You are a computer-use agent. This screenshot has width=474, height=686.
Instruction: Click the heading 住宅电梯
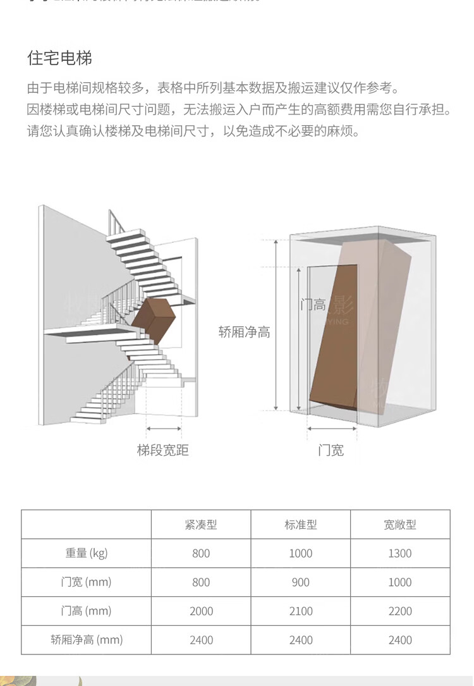pyautogui.click(x=60, y=59)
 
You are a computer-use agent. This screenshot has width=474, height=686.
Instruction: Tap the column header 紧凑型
pyautogui.click(x=201, y=525)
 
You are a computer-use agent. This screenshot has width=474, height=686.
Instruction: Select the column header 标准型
pyautogui.click(x=301, y=525)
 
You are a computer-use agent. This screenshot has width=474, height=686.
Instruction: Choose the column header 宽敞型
pyautogui.click(x=400, y=525)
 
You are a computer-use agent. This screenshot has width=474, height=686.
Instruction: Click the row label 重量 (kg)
pyautogui.click(x=87, y=553)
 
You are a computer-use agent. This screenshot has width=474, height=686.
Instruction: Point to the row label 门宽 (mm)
pyautogui.click(x=87, y=582)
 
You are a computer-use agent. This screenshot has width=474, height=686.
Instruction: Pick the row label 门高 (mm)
pyautogui.click(x=87, y=611)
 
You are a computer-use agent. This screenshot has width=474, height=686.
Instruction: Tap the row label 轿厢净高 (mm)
pyautogui.click(x=87, y=640)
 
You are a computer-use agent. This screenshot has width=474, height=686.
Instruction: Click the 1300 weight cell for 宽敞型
pyautogui.click(x=400, y=553)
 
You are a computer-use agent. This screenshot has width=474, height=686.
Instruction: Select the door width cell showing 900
pyautogui.click(x=301, y=582)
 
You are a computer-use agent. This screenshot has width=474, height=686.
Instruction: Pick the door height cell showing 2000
pyautogui.click(x=201, y=611)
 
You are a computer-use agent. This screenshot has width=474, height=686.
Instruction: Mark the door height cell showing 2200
pyautogui.click(x=400, y=611)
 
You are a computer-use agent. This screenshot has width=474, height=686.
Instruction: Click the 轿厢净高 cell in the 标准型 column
pyautogui.click(x=301, y=640)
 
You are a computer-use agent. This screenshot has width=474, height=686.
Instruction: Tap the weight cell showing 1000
pyautogui.click(x=301, y=553)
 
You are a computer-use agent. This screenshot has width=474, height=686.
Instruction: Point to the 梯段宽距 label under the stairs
pyautogui.click(x=163, y=450)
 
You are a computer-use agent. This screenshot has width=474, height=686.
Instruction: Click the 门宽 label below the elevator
pyautogui.click(x=331, y=450)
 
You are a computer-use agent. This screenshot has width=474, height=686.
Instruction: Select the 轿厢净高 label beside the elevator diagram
pyautogui.click(x=245, y=332)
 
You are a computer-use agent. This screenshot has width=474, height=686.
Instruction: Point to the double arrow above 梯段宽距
pyautogui.click(x=164, y=429)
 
